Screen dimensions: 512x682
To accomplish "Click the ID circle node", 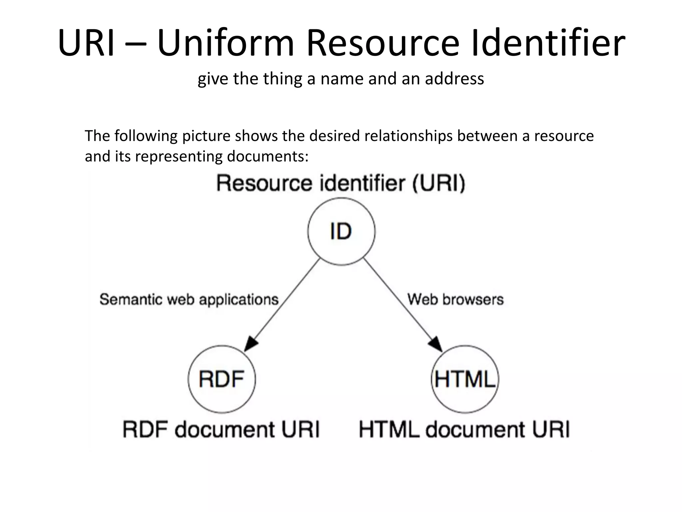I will pos(341,232).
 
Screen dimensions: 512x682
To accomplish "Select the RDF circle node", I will pos(222,379).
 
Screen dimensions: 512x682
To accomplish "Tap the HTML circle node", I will pos(465,379).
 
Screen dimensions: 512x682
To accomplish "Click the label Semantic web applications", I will pos(189,299).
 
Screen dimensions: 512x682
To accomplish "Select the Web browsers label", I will pos(455,299).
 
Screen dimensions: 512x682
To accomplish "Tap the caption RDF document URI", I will pos(221,429).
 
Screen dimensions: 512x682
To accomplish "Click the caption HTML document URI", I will pos(464,429).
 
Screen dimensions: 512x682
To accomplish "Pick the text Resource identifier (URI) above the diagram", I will pos(341,183).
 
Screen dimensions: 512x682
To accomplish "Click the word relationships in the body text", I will pos(408,136).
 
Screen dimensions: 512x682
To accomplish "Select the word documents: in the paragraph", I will pos(268,156).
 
